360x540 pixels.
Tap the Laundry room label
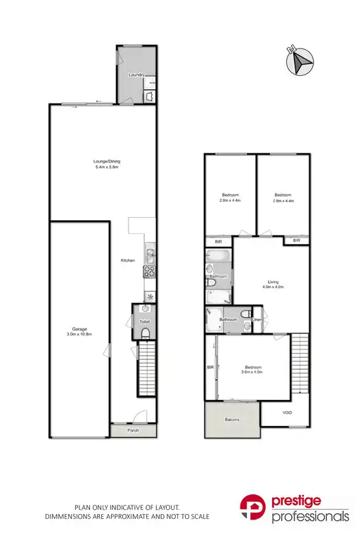136,75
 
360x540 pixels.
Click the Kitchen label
127,261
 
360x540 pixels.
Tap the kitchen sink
149,253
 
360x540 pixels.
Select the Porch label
133,430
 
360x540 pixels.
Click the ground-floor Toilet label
145,321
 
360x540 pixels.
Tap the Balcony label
233,420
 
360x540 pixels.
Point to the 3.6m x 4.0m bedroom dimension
253,372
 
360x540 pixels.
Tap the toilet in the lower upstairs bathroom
243,314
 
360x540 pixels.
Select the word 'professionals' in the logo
311,517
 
